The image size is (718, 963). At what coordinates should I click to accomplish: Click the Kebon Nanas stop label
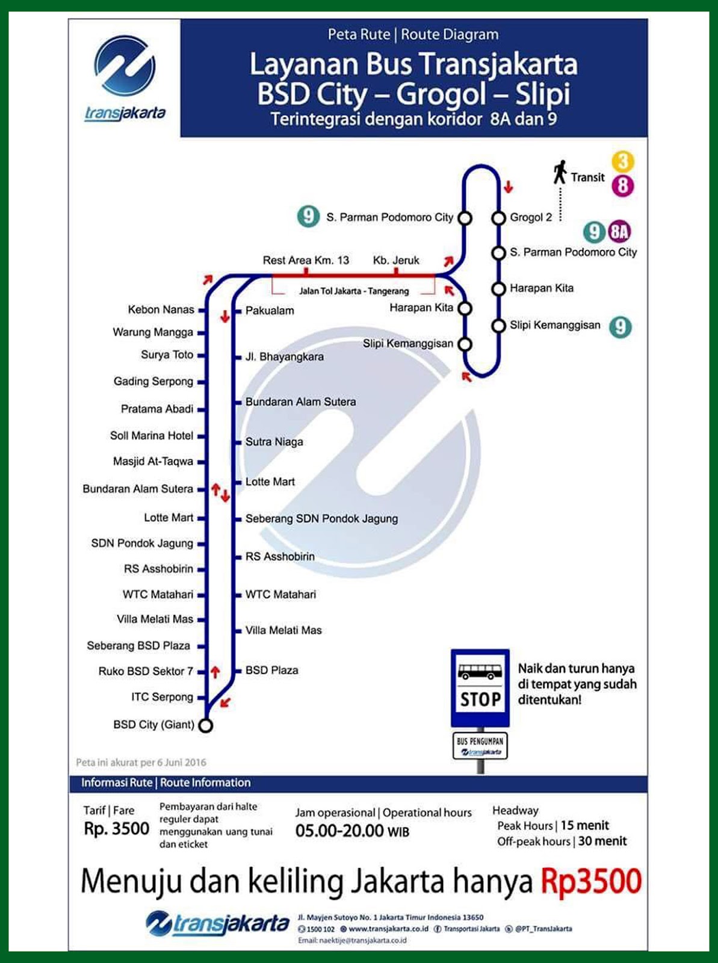[x=161, y=310]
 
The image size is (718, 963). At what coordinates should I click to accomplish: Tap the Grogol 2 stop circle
[x=498, y=218]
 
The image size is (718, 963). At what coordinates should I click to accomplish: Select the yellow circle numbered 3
[x=623, y=161]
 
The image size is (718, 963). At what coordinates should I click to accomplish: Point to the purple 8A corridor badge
[x=619, y=232]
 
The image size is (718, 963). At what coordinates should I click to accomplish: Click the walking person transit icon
[x=560, y=173]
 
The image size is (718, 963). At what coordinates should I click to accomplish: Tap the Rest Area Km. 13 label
[x=306, y=261]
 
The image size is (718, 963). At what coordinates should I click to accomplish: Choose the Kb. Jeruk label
[x=396, y=261]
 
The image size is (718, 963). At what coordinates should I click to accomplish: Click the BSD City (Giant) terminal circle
[x=206, y=726]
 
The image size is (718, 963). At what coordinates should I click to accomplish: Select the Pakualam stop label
[x=270, y=311]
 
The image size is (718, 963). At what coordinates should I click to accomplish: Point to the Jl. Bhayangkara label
[x=284, y=357]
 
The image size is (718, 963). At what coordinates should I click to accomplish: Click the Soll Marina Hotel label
[x=152, y=436]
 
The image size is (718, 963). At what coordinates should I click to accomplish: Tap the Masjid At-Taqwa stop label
[x=153, y=462]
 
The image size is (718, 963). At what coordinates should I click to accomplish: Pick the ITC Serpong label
[x=162, y=697]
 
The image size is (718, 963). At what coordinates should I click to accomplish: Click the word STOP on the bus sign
[x=480, y=699]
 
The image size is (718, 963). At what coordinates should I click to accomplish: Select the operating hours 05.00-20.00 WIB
[x=352, y=831]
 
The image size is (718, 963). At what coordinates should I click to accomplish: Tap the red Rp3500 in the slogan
[x=591, y=882]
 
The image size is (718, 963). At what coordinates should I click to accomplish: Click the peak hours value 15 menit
[x=584, y=826]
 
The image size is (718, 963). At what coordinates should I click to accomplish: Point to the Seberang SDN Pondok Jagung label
[x=321, y=519]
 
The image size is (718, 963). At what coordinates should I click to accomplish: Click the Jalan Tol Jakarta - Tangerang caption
[x=354, y=291]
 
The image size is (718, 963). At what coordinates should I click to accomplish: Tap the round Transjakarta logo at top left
[x=125, y=66]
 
